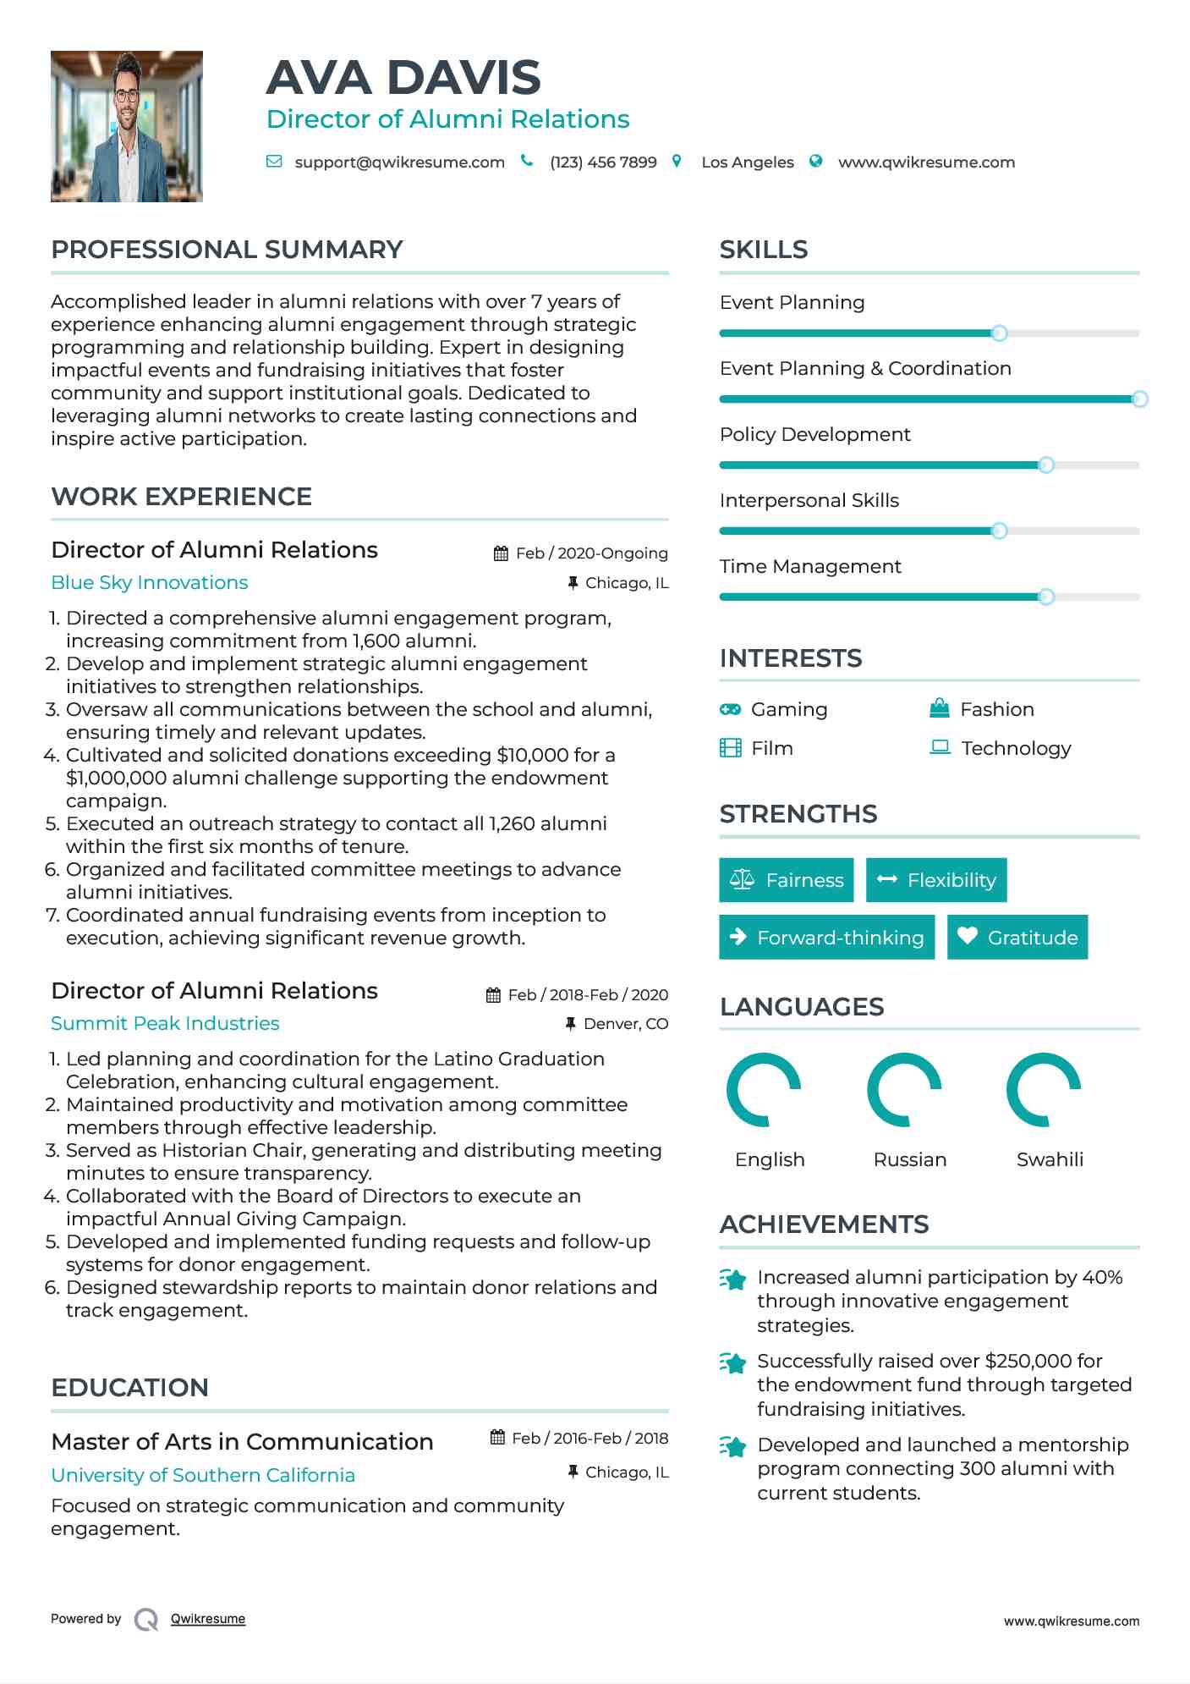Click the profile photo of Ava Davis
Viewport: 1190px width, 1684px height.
click(127, 126)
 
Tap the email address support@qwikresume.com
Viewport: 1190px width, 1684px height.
click(399, 162)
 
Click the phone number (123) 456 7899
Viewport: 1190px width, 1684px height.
click(603, 162)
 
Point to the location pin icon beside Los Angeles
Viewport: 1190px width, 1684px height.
click(677, 161)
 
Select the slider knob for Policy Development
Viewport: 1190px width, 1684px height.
click(1046, 465)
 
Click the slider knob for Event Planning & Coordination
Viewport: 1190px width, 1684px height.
click(1139, 399)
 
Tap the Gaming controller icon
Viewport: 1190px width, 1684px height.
click(730, 709)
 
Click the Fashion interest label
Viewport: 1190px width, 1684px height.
click(997, 709)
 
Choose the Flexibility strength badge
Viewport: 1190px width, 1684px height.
click(936, 880)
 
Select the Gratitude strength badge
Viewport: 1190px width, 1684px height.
click(1017, 937)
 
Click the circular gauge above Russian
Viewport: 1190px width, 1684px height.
click(904, 1090)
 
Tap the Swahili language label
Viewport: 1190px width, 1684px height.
click(1050, 1159)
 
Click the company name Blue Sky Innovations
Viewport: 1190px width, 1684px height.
click(150, 583)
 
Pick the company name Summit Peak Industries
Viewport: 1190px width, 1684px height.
click(165, 1024)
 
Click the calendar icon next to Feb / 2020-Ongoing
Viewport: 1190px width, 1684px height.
click(501, 553)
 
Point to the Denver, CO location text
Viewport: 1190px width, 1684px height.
click(626, 1024)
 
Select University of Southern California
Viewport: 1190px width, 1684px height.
click(203, 1476)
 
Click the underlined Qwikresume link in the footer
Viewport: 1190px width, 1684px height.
click(208, 1619)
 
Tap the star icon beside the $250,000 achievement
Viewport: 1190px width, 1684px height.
click(732, 1363)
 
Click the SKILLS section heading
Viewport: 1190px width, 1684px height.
click(764, 250)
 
